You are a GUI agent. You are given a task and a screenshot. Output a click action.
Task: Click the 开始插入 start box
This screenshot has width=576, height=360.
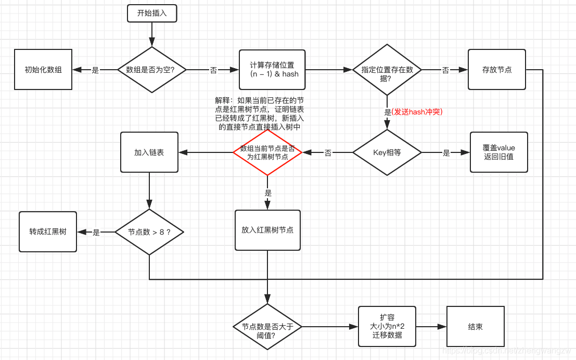tap(152, 14)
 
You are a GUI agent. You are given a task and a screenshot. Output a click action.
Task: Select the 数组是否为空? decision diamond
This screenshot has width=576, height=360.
tap(151, 70)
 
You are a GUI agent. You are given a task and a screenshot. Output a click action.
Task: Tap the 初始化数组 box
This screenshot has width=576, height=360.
tap(43, 70)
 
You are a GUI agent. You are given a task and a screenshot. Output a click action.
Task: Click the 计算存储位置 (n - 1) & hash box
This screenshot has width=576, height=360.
tap(272, 70)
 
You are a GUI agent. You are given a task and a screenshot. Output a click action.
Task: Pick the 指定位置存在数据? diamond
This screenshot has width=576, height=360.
tap(387, 70)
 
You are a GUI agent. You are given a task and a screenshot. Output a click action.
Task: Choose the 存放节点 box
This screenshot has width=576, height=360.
tap(496, 70)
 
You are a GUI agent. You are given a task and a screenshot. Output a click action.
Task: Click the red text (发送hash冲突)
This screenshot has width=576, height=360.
tap(417, 111)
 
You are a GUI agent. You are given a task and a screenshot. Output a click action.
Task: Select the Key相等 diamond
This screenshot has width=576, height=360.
tap(387, 152)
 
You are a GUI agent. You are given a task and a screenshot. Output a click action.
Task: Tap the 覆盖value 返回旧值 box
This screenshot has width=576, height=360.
tap(498, 152)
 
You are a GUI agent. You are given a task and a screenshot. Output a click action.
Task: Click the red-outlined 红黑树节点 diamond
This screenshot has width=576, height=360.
tap(267, 152)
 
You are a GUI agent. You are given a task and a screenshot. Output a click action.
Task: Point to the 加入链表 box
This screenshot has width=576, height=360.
tap(149, 152)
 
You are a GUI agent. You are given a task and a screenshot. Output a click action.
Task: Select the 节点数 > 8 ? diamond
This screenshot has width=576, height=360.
tap(149, 232)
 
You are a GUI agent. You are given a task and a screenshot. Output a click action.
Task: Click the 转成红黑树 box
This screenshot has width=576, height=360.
tap(48, 232)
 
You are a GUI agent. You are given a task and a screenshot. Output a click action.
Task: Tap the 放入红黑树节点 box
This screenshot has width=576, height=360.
tap(267, 230)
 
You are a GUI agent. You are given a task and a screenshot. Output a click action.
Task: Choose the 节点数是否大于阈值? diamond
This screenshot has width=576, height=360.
tap(267, 327)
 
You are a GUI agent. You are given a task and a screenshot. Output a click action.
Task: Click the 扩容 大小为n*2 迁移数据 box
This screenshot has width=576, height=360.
tap(387, 326)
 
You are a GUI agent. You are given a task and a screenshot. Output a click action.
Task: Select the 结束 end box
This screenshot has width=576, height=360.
tap(476, 327)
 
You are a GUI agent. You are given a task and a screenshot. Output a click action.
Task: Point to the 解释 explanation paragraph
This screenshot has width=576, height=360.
tap(260, 113)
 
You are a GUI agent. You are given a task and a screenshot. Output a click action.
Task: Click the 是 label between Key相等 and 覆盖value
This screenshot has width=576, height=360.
tap(446, 153)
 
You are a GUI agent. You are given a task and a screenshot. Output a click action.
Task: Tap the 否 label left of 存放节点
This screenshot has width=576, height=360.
tap(445, 70)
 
